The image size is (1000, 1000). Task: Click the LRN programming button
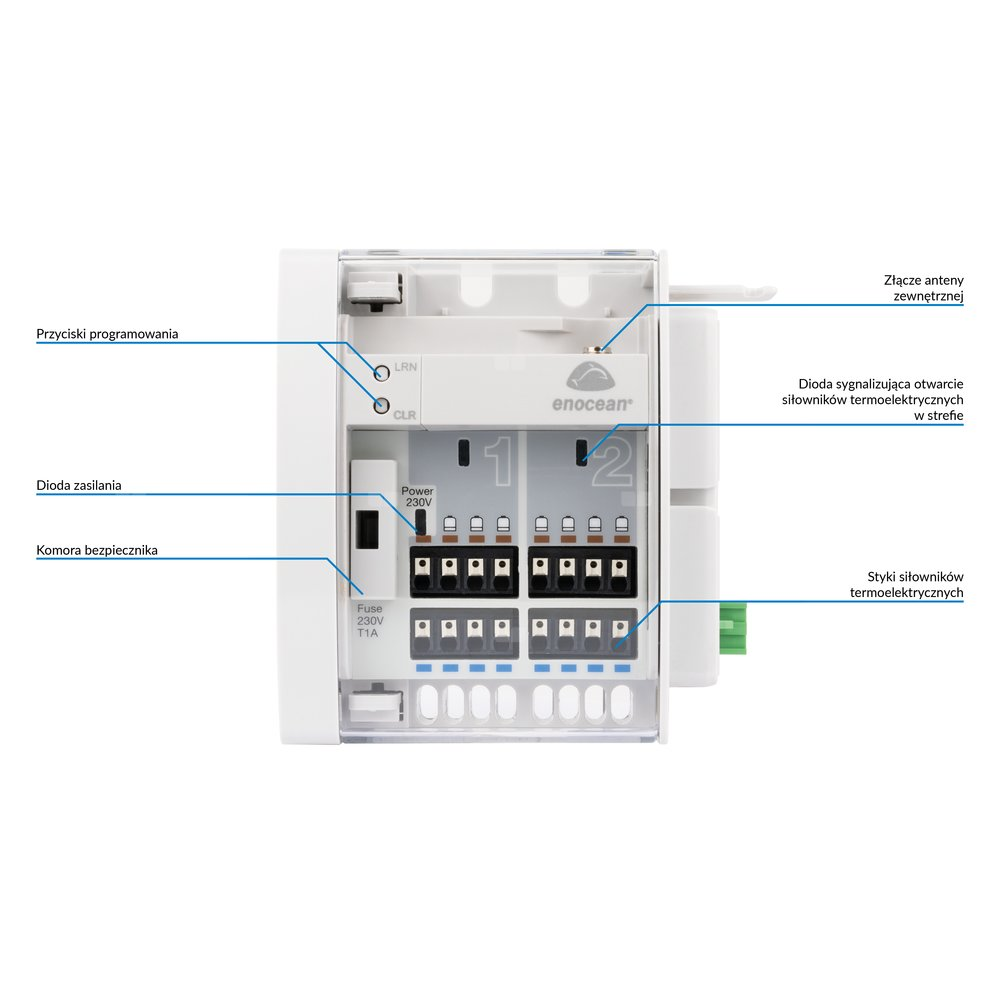coord(381,373)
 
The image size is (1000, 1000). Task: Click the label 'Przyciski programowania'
coord(107,334)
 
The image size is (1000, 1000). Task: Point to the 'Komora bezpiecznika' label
coord(97,550)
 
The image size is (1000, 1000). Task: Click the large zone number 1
coord(497,461)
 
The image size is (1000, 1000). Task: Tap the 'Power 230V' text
coord(417,497)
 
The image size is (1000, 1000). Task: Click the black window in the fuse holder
coord(368,529)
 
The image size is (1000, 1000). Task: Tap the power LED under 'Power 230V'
coord(421,522)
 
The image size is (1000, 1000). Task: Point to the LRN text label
coord(405,368)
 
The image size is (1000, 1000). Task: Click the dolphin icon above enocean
coord(592,377)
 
